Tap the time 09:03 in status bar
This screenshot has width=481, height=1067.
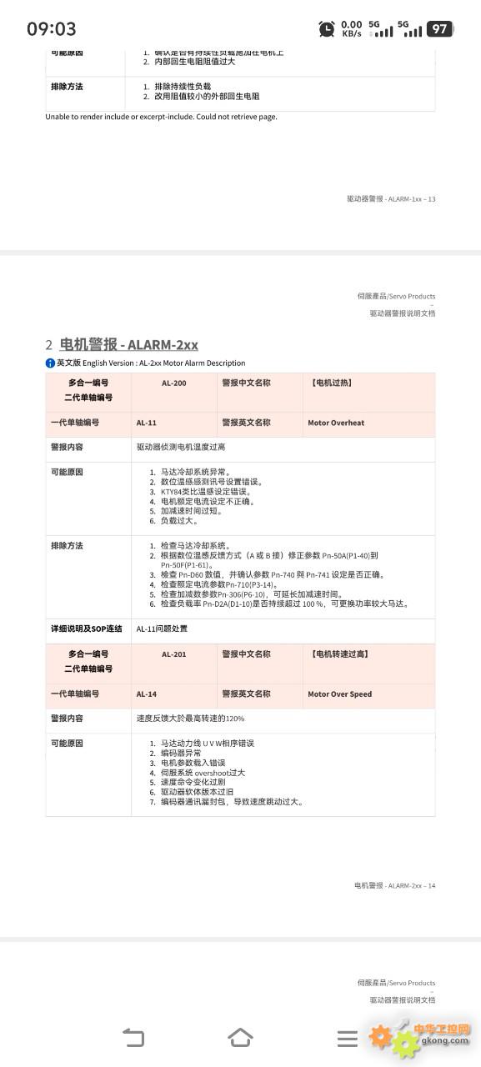point(52,29)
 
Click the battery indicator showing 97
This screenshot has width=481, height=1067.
point(439,29)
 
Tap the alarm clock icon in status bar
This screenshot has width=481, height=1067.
point(327,29)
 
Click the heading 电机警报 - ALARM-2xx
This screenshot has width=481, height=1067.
point(129,344)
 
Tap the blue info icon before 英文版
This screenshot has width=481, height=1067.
point(50,363)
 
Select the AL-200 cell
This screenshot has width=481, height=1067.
point(174,383)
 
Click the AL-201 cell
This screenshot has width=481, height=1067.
point(174,654)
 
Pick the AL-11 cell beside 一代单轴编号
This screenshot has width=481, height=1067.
point(147,423)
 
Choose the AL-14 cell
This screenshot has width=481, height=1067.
point(147,694)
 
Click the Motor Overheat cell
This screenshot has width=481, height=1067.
point(336,423)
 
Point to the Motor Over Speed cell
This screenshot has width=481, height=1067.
point(339,694)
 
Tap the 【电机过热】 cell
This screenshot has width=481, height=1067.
point(330,383)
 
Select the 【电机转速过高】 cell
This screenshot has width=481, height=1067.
point(338,654)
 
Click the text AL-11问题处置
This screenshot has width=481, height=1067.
point(163,629)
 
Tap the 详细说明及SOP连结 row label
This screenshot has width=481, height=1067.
point(87,629)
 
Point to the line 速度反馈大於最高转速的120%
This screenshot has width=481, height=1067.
point(191,718)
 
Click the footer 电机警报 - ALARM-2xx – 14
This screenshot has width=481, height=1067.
point(394,885)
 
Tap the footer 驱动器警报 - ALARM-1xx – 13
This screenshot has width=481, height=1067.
point(391,199)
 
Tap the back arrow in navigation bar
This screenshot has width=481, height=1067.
point(133,1038)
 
